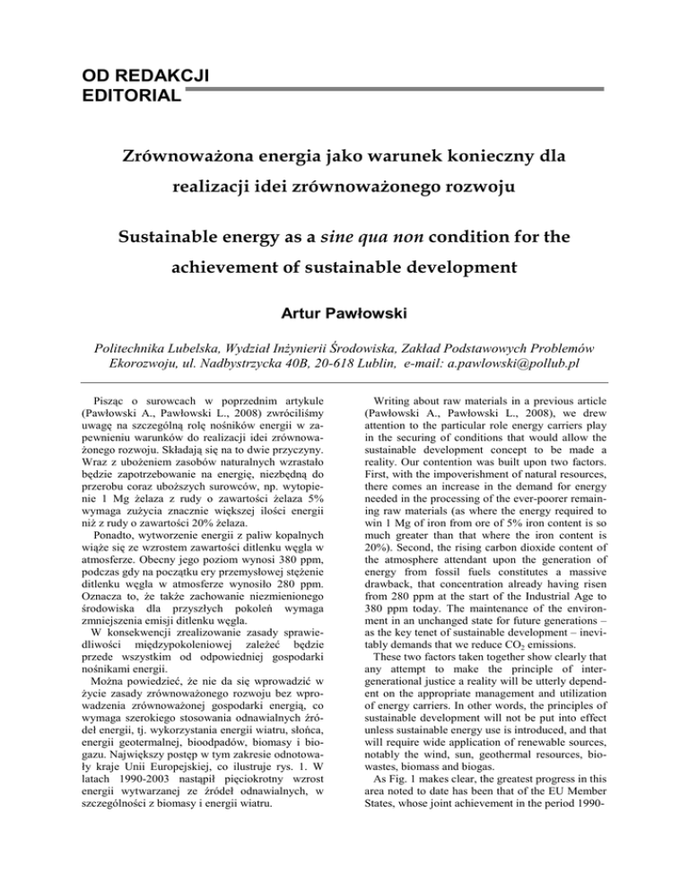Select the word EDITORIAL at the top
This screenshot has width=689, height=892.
pos(92,92)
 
